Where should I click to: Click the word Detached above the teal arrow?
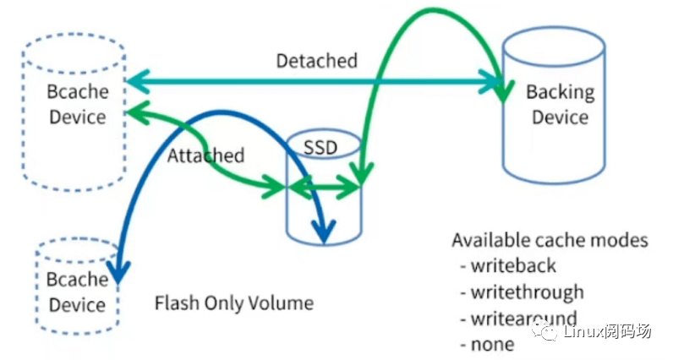click(316, 61)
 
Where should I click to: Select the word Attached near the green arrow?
click(205, 155)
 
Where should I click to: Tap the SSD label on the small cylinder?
click(320, 147)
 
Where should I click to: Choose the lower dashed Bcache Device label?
click(77, 292)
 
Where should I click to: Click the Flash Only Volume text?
click(234, 303)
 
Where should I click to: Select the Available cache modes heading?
click(550, 240)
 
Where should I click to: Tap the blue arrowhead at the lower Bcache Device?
click(120, 272)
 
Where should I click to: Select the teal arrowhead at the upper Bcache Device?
click(134, 83)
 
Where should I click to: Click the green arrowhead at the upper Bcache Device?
click(134, 112)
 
